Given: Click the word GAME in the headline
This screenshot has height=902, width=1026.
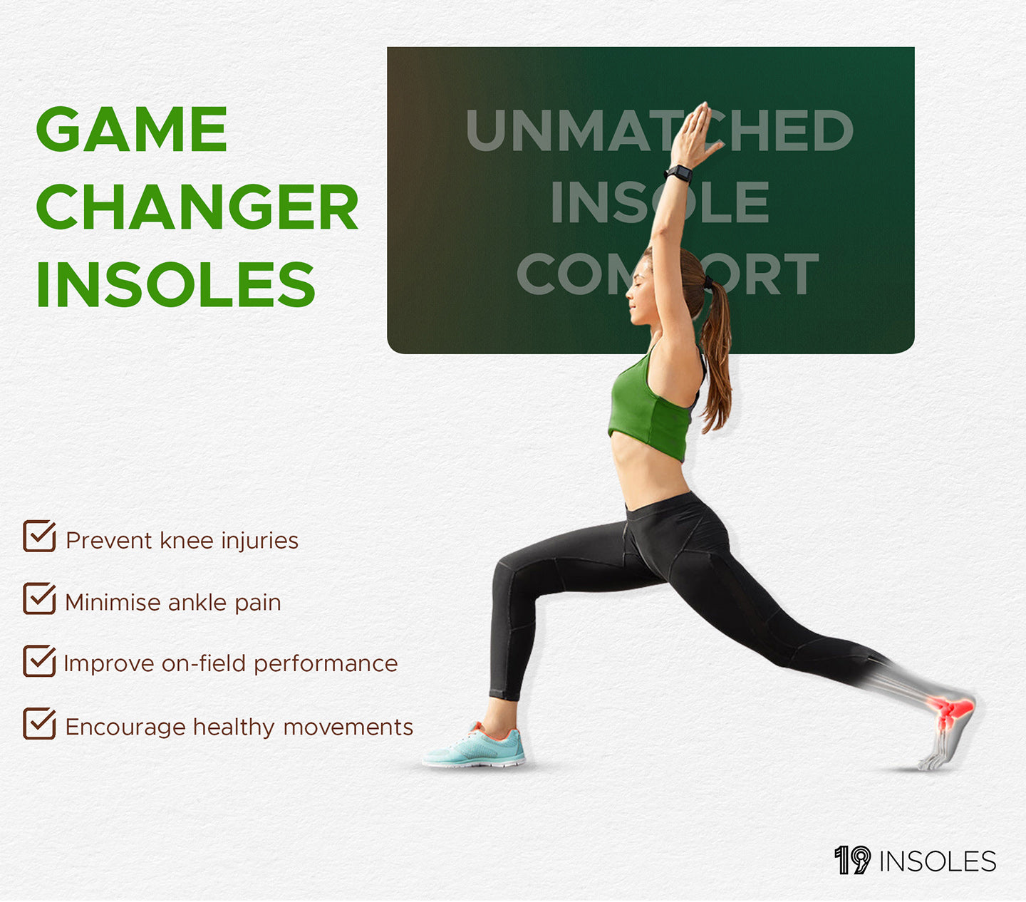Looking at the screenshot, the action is point(132,129).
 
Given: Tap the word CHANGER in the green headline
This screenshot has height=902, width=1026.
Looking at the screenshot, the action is point(197,206).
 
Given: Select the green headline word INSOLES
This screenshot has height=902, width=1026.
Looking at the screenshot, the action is point(176,284).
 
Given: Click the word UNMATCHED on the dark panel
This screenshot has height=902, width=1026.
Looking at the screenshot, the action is point(659,130).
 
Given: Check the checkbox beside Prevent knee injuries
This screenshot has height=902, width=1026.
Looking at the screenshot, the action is point(39,536).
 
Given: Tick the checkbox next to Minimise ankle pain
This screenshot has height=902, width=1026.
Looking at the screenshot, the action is point(39,598).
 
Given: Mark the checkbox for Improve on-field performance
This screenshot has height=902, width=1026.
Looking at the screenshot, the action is point(39,660).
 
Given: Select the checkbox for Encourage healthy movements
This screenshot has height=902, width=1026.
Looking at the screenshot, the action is point(39,723).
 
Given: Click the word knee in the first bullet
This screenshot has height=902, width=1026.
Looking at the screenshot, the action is point(187,540).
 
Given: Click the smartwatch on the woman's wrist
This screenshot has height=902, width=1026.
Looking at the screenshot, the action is point(678,173).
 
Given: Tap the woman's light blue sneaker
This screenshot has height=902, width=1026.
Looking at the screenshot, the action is point(474,745).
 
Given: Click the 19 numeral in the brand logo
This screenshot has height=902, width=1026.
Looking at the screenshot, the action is point(853,860).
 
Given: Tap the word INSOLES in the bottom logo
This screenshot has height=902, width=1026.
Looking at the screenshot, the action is point(938,861).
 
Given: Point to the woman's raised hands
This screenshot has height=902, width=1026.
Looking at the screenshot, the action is point(695,134).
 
